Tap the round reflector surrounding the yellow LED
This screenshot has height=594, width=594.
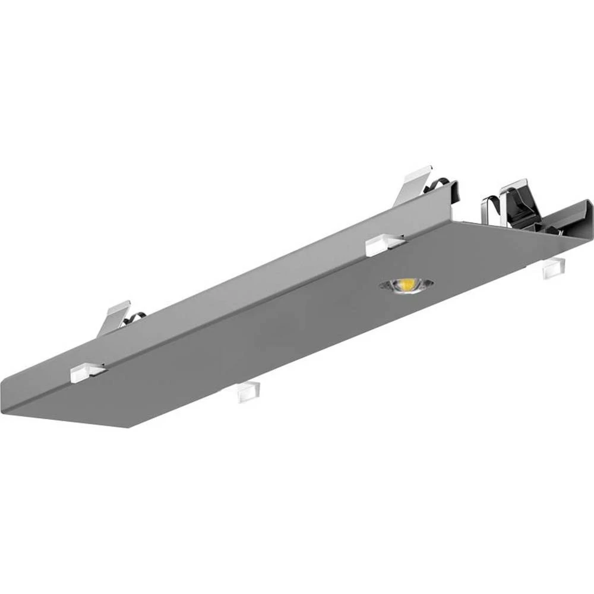click(x=419, y=286)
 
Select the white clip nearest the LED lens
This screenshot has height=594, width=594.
click(x=384, y=245)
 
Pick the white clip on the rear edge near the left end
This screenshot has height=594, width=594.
click(x=87, y=372)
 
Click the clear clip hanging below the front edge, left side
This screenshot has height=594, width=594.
click(x=248, y=392)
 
